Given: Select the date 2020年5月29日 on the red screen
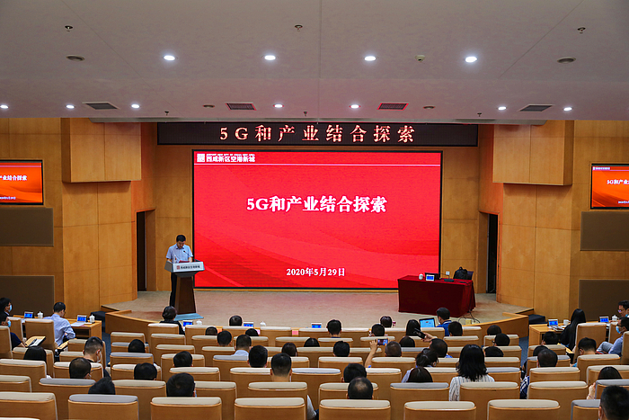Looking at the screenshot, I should click(x=315, y=272).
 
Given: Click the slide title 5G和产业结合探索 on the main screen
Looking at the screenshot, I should click(x=316, y=204).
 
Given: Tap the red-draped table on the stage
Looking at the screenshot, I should click(x=436, y=295).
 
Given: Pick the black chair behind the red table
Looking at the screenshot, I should click(x=463, y=273).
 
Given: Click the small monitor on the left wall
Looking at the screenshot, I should click(x=21, y=183).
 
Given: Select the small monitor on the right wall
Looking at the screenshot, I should click(x=610, y=185).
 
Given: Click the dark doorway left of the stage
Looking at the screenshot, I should click(x=141, y=251).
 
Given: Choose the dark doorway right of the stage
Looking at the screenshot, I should click(x=492, y=254).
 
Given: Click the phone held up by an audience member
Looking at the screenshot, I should click(x=382, y=341).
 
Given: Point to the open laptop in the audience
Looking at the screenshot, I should click(x=428, y=323).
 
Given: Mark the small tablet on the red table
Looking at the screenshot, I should click(x=432, y=277).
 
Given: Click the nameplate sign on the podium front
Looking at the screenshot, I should click(x=186, y=267).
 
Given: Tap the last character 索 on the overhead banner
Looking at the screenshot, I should click(x=406, y=134).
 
